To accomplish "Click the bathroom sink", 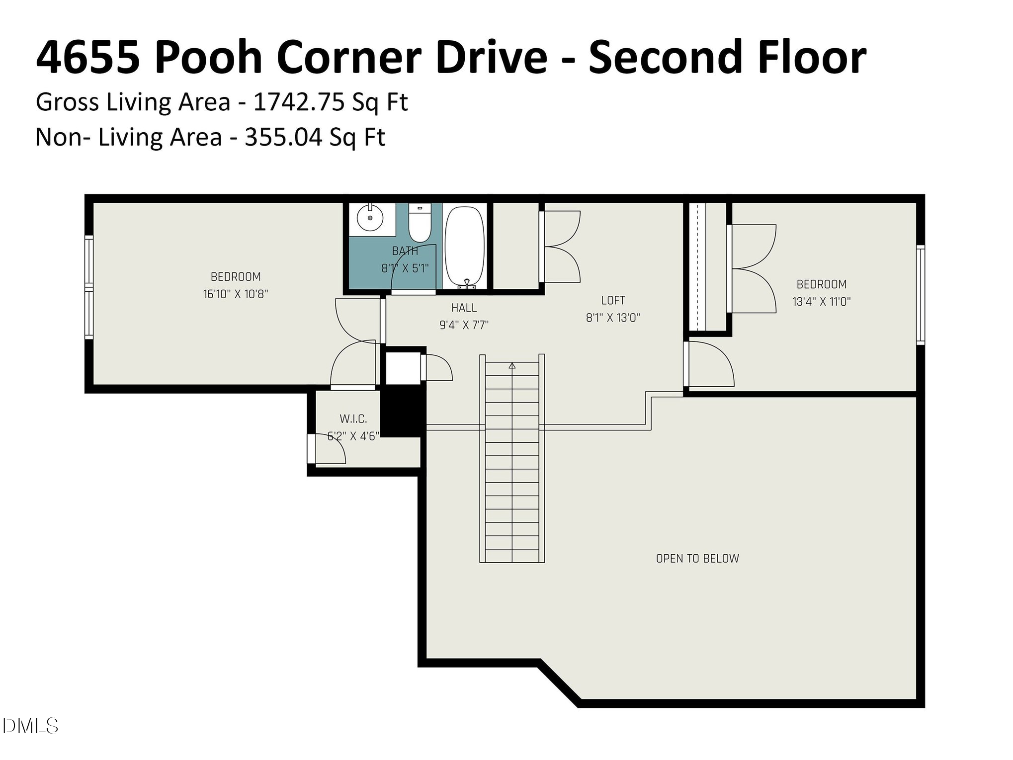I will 370,219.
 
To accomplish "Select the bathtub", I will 464,246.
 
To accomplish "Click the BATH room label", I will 405,251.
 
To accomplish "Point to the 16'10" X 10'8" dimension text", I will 236,294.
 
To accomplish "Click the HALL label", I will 464,308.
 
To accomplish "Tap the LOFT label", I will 613,300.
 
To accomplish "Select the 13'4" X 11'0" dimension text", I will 821,301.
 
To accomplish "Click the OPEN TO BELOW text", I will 697,558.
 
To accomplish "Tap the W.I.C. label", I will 353,419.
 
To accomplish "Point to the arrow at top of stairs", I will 512,366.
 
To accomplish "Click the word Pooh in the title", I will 208,58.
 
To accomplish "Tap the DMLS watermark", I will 30,726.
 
